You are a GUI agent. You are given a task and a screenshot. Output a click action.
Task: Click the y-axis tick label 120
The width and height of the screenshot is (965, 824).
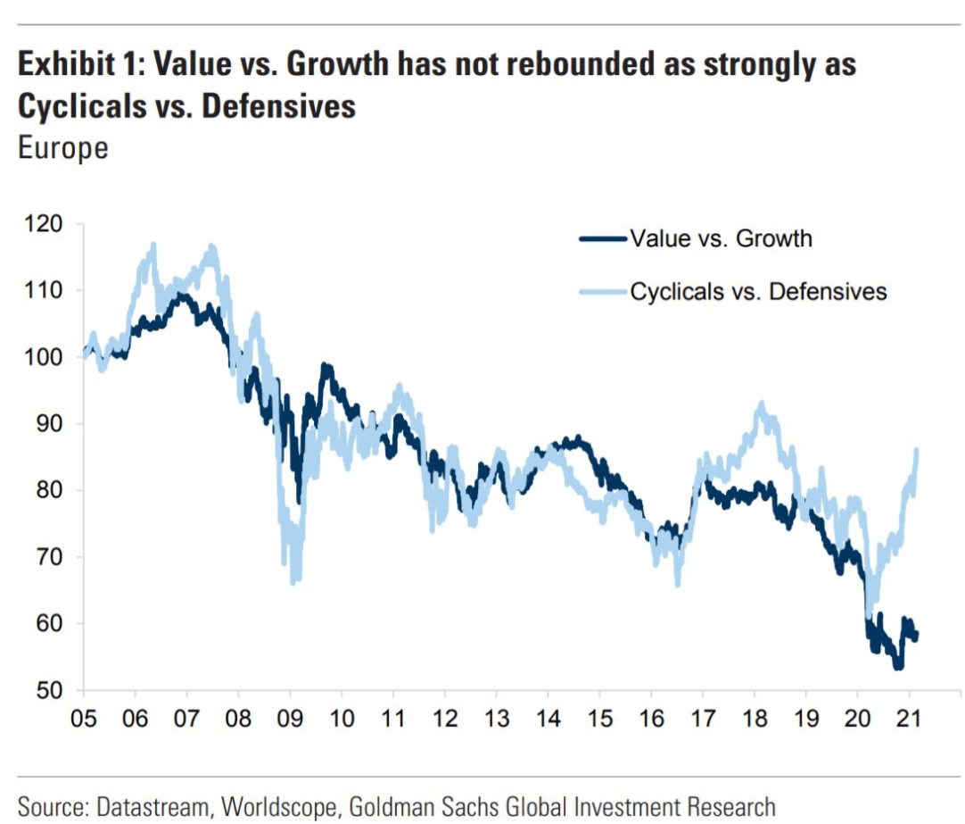[x=43, y=224]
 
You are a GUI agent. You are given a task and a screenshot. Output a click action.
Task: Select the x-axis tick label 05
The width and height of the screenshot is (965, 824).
[x=84, y=718]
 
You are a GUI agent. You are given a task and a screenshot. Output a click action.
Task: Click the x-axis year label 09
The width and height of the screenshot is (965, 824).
[x=290, y=718]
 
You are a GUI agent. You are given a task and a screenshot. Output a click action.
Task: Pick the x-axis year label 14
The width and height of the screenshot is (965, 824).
[x=548, y=718]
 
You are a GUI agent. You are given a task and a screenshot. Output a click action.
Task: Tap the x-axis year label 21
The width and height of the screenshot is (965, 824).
[x=909, y=718]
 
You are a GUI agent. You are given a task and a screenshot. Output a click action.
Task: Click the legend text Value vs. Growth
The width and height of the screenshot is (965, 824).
[x=721, y=238]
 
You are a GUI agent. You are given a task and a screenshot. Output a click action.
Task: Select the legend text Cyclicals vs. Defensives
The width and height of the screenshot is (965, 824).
[x=758, y=291]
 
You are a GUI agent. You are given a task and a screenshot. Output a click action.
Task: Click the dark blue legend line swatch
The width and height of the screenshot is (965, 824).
[x=603, y=238]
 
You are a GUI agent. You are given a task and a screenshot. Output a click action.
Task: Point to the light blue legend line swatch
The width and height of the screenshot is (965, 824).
[x=603, y=291]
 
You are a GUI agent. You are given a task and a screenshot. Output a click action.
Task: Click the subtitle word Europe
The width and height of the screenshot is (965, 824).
[x=63, y=148]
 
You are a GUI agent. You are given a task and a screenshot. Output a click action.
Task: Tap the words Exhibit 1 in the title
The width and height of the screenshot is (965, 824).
[x=80, y=64]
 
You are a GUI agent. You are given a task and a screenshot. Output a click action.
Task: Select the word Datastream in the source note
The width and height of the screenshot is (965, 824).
[x=153, y=807]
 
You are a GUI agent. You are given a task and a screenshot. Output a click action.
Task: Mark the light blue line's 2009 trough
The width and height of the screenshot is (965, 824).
[x=293, y=581]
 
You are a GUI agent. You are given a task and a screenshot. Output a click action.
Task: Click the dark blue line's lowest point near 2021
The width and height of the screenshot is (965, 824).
[x=898, y=667]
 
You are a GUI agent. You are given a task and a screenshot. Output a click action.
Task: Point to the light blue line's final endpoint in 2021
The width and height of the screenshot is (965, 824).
[x=916, y=451]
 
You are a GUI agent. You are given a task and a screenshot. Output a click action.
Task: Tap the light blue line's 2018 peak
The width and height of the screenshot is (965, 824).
[x=762, y=404]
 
